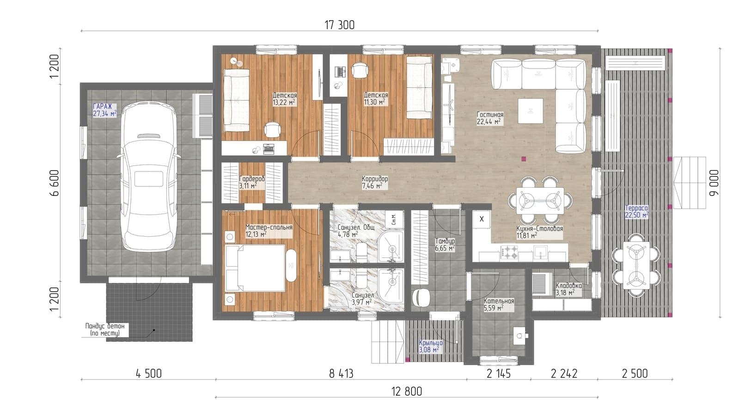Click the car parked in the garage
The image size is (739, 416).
click(x=148, y=177)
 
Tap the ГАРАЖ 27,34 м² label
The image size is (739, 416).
click(x=105, y=110)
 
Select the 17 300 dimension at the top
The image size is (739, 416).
click(x=340, y=25)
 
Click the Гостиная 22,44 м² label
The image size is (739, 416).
click(x=490, y=118)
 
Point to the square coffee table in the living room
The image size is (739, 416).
click(x=530, y=111)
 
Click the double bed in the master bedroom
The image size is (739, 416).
click(x=255, y=268)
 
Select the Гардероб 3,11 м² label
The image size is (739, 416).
click(x=252, y=182)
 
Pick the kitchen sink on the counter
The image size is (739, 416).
click(x=541, y=252)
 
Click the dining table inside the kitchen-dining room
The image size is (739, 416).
click(x=540, y=200)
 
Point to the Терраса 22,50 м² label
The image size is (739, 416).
click(x=637, y=211)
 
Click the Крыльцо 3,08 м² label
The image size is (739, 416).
click(x=431, y=346)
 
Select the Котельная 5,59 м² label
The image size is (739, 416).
click(x=499, y=305)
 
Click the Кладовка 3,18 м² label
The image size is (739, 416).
click(x=569, y=289)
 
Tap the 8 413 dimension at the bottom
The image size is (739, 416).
click(x=341, y=374)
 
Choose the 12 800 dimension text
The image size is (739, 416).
click(x=406, y=392)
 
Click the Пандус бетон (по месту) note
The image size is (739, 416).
click(x=105, y=330)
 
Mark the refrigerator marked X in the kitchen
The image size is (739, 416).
click(x=482, y=220)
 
